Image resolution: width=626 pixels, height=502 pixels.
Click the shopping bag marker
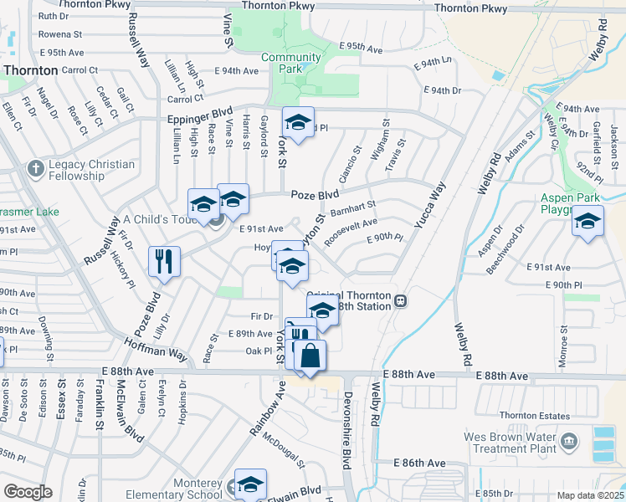pyautogui.click(x=310, y=355)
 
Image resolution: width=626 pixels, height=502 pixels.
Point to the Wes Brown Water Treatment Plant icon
pyautogui.click(x=569, y=441)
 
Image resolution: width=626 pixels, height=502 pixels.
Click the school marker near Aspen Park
pyautogui.click(x=588, y=222)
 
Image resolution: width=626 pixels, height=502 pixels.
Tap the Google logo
pyautogui.click(x=28, y=492)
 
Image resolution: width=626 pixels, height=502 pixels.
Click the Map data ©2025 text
pyautogui.click(x=590, y=495)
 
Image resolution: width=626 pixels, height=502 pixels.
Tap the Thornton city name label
pyautogui.click(x=29, y=71)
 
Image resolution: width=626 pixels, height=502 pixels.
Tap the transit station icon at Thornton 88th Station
pyautogui.click(x=401, y=300)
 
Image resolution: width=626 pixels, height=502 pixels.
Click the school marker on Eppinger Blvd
pyautogui.click(x=297, y=122)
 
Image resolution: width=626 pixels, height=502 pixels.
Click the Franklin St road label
pyautogui.click(x=99, y=412)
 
